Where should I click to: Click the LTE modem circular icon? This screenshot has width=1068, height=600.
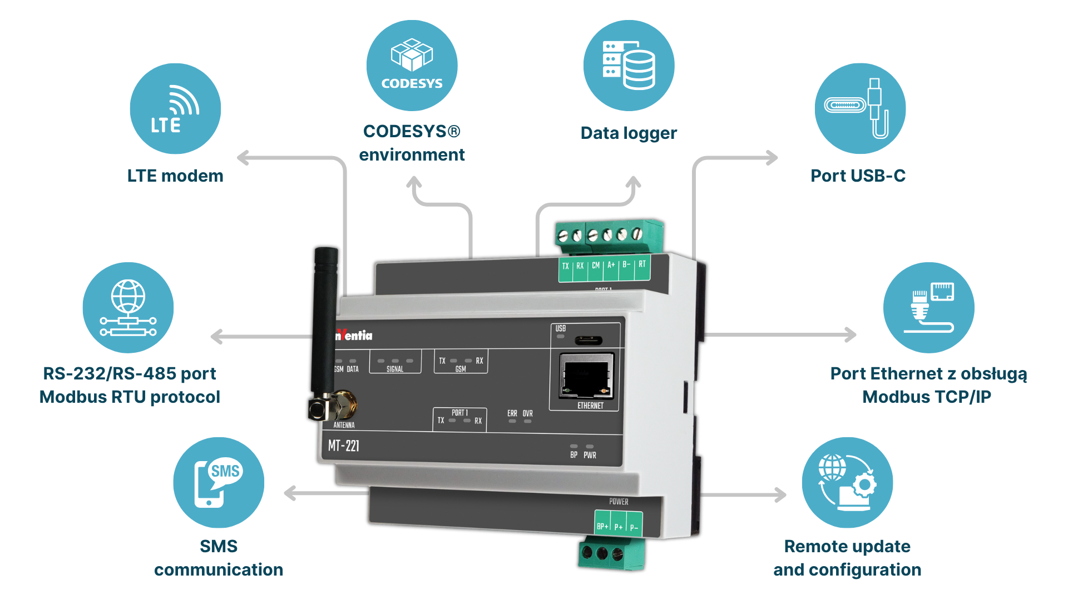175,109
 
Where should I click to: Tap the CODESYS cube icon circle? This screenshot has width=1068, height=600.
412,66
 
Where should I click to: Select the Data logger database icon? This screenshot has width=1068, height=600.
629,66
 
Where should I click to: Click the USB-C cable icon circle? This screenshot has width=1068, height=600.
860,109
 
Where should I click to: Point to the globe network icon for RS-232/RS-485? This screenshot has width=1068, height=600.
128,308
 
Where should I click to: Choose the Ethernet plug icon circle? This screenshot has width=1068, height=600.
928,308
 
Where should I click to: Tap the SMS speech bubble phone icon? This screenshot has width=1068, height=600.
219,482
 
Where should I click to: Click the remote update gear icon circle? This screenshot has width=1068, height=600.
847,482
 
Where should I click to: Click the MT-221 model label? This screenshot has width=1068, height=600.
344,446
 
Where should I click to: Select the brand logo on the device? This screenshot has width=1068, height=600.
354,335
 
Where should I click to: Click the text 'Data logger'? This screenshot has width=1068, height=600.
629,133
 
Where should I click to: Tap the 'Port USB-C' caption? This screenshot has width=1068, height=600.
858,176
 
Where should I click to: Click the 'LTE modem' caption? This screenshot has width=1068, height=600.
175,176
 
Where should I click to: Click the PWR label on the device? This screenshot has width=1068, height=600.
590,455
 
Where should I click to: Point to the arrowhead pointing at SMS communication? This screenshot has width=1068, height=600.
290,493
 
